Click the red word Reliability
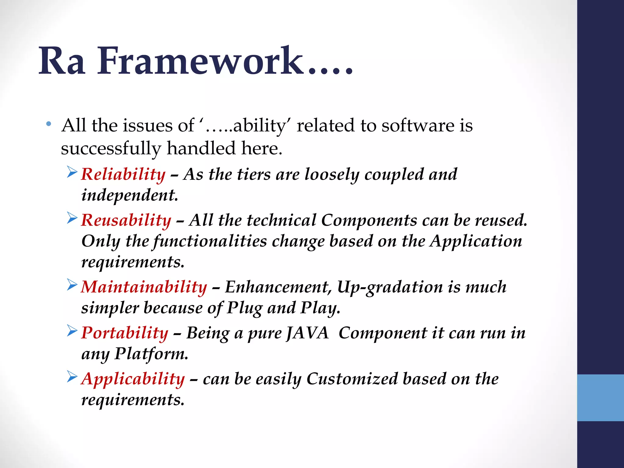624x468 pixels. (x=123, y=175)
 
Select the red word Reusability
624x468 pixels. (x=126, y=220)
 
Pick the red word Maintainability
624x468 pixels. (x=144, y=287)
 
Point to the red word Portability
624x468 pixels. (x=125, y=333)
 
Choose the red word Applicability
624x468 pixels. (x=133, y=379)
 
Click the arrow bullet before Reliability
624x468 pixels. (x=72, y=172)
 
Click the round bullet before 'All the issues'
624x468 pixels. (x=48, y=124)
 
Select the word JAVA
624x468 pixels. (x=308, y=333)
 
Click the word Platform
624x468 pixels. (x=151, y=354)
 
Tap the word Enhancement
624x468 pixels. (x=278, y=287)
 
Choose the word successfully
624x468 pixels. (x=111, y=149)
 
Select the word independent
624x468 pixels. (x=129, y=195)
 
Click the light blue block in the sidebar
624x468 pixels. (x=600, y=398)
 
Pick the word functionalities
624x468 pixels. (x=210, y=241)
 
